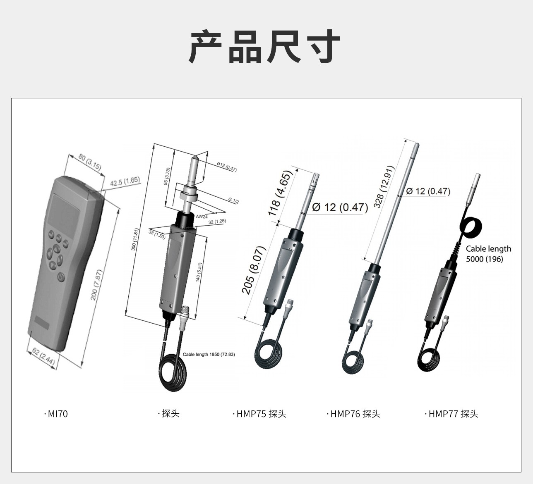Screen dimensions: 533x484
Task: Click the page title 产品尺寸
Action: [x=265, y=47]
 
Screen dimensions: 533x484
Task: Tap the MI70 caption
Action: [x=56, y=414]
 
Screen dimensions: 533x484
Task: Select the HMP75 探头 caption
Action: [x=259, y=414]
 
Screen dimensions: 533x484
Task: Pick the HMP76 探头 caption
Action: [x=353, y=414]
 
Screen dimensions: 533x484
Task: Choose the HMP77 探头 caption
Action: [x=451, y=414]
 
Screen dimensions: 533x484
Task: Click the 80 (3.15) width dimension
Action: [x=90, y=162]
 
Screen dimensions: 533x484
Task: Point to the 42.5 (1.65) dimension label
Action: [x=125, y=181]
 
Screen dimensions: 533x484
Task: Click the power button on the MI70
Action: [x=61, y=278]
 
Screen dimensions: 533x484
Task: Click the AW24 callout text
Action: [x=202, y=217]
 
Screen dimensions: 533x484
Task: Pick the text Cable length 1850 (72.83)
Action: [x=209, y=355]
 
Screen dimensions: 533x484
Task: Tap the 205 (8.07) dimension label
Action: [x=254, y=270]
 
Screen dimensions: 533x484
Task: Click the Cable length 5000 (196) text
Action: [x=488, y=254]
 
